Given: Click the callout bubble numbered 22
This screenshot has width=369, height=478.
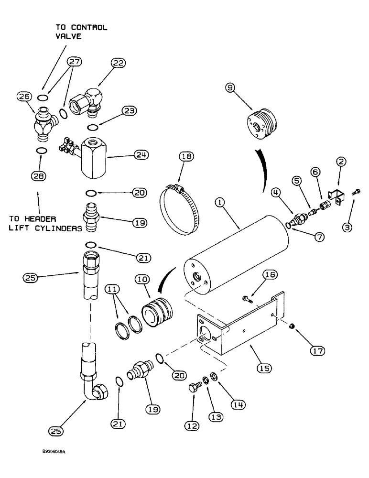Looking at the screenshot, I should [118, 63].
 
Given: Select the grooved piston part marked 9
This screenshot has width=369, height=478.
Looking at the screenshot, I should [258, 128].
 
